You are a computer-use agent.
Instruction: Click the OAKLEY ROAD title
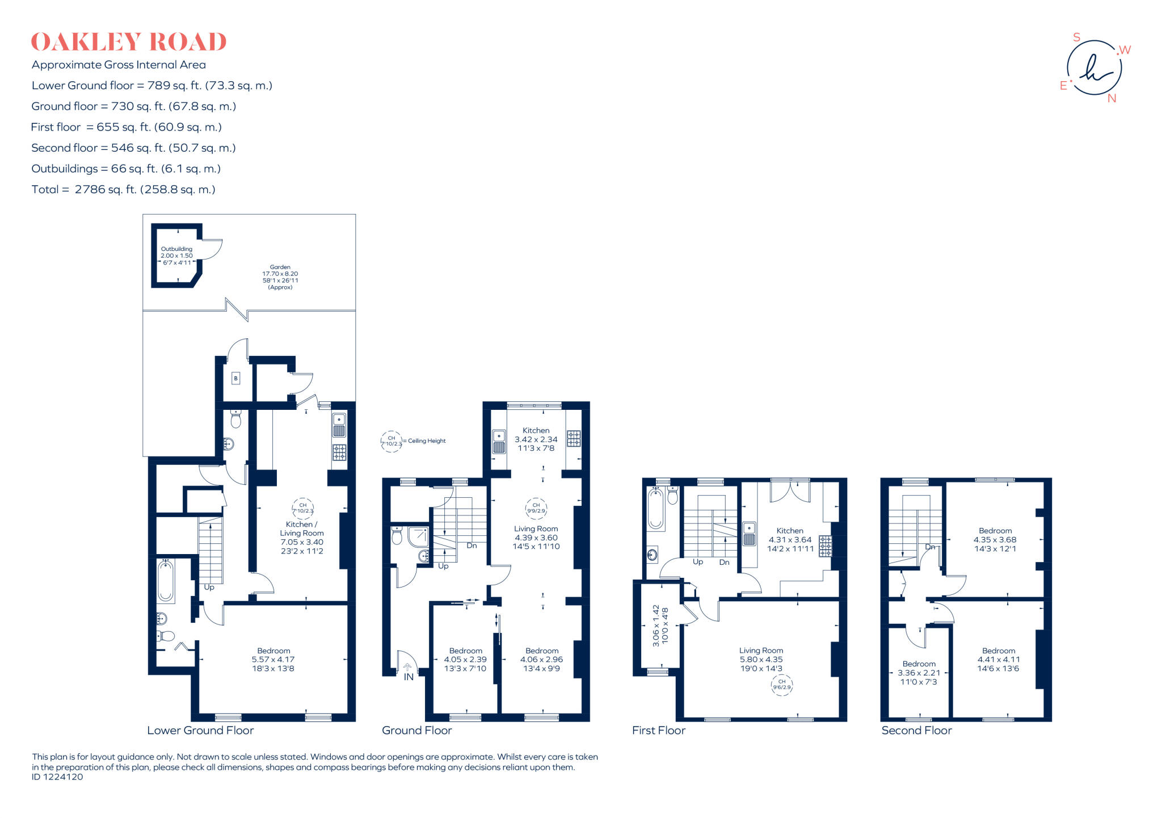coord(129,43)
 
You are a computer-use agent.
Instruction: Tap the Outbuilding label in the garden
coord(176,255)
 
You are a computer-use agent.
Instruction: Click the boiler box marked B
coord(236,379)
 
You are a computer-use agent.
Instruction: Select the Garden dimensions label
coord(280,277)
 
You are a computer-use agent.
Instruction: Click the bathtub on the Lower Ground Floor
coord(166,581)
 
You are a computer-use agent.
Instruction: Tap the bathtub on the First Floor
coord(655,509)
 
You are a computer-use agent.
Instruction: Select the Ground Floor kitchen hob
coord(574,438)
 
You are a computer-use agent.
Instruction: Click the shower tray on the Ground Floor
coord(418,537)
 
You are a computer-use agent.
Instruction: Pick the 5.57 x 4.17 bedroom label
coord(273,660)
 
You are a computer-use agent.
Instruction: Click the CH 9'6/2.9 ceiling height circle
coord(781,685)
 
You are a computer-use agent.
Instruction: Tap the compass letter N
coord(1112,99)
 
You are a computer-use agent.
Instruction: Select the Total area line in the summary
coord(123,190)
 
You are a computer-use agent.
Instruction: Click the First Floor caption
coord(659,731)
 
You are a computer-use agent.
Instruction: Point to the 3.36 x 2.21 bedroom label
coord(919,673)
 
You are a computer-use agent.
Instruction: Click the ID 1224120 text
coord(57,777)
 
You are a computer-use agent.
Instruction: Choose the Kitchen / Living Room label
coord(302,538)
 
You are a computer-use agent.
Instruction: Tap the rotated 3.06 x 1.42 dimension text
coord(660,624)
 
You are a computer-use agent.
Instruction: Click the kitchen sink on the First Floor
coord(749,534)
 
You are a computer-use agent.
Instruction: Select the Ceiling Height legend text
coord(427,441)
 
